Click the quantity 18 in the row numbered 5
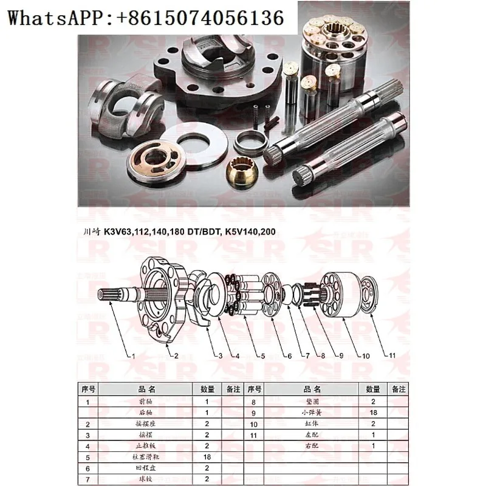point(207,456)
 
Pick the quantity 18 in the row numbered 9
point(372,412)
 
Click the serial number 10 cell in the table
point(255,423)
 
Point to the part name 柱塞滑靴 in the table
point(148,456)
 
